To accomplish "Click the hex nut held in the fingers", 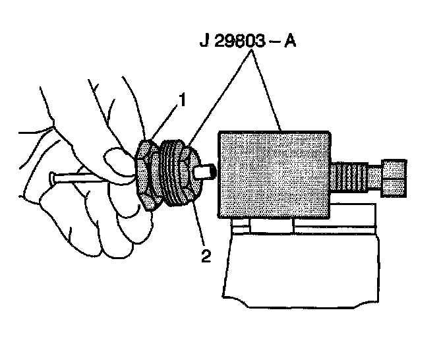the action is pos(146,175).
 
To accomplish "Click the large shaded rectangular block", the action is pos(274,175).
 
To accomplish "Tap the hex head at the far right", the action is pos(394,177).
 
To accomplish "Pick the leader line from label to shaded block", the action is pos(268,92).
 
